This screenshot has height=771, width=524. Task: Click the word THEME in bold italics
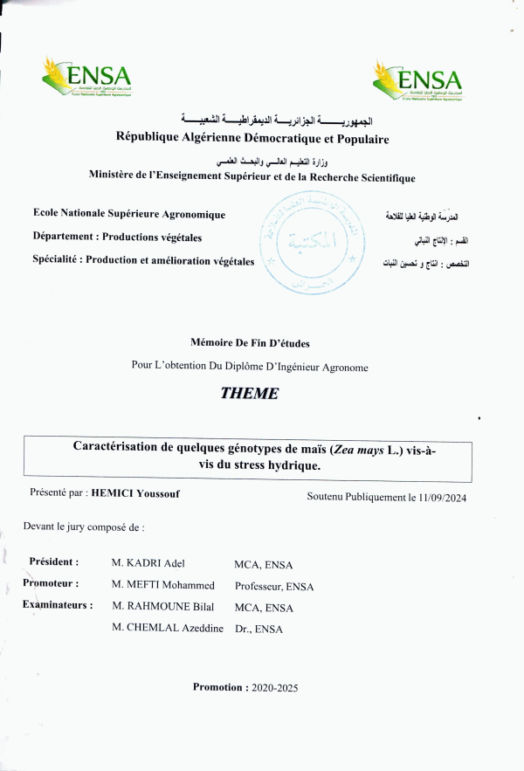pos(250,394)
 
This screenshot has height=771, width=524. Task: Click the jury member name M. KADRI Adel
pos(148,563)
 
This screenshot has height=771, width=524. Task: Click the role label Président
pos(54,561)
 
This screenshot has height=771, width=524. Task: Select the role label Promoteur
pos(52,582)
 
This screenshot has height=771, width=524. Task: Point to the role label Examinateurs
pos(59,603)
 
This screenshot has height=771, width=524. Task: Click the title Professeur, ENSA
pos(273,587)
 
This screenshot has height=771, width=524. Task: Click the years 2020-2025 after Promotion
pos(274,688)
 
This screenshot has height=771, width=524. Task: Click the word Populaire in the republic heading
pos(357,138)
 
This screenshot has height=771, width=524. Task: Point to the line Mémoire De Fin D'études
pos(250,343)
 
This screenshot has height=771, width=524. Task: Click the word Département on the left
pos(65,237)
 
